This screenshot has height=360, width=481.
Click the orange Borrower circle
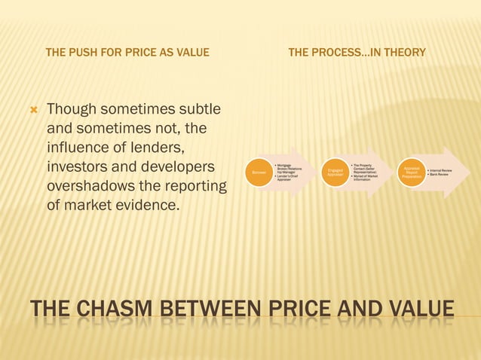[x=259, y=172]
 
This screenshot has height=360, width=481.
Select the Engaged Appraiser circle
[x=335, y=172]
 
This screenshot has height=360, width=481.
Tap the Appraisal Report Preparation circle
[x=412, y=172]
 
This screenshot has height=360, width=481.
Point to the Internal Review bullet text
[x=440, y=170]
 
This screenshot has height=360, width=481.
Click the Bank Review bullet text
[x=439, y=175]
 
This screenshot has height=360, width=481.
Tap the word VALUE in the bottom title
[x=418, y=309]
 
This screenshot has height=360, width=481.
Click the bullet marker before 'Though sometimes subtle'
[x=32, y=111]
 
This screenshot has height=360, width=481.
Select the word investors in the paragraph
[x=78, y=166]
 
